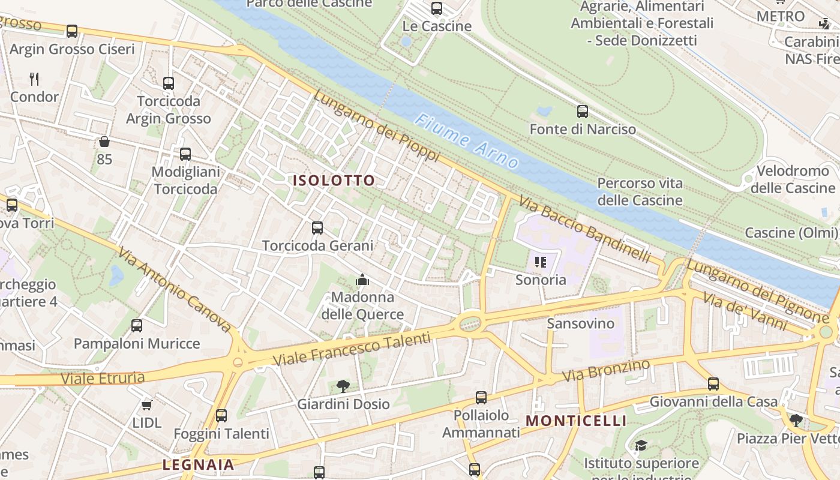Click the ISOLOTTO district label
(x=334, y=181)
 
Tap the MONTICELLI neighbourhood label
(x=576, y=421)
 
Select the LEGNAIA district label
(x=198, y=464)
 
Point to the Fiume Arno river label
(x=467, y=141)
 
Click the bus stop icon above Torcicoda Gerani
(x=317, y=228)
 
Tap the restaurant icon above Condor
(x=34, y=79)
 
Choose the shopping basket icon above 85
(x=104, y=142)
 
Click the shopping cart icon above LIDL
(x=146, y=406)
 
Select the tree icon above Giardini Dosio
(x=343, y=386)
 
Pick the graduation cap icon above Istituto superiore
(x=641, y=446)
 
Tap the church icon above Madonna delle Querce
(x=362, y=280)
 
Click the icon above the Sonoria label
(x=541, y=262)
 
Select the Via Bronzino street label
(x=606, y=371)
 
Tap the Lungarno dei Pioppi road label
(x=376, y=125)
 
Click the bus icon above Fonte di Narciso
(x=582, y=112)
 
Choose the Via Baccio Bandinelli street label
(x=584, y=229)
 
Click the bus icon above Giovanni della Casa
(x=713, y=383)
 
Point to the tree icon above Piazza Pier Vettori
(x=796, y=421)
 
